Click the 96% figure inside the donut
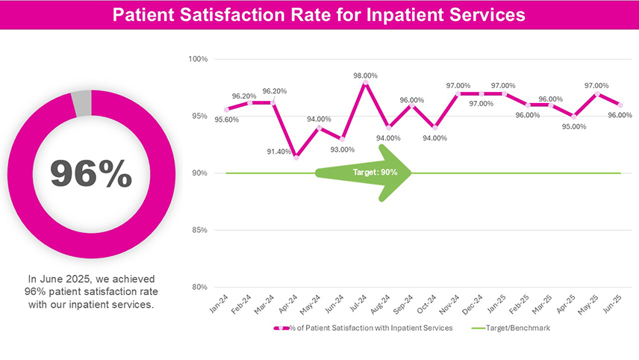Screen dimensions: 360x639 pyautogui.click(x=90, y=173)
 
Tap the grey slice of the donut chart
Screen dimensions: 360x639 pyautogui.click(x=81, y=102)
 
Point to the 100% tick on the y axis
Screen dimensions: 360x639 pyautogui.click(x=198, y=58)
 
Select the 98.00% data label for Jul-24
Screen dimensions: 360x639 pyautogui.click(x=365, y=75)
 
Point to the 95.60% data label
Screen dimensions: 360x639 pyautogui.click(x=226, y=120)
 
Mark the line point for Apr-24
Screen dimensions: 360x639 pyautogui.click(x=296, y=158)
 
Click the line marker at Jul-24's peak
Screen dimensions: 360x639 pyautogui.click(x=365, y=83)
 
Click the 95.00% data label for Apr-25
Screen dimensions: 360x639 pyautogui.click(x=573, y=126)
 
